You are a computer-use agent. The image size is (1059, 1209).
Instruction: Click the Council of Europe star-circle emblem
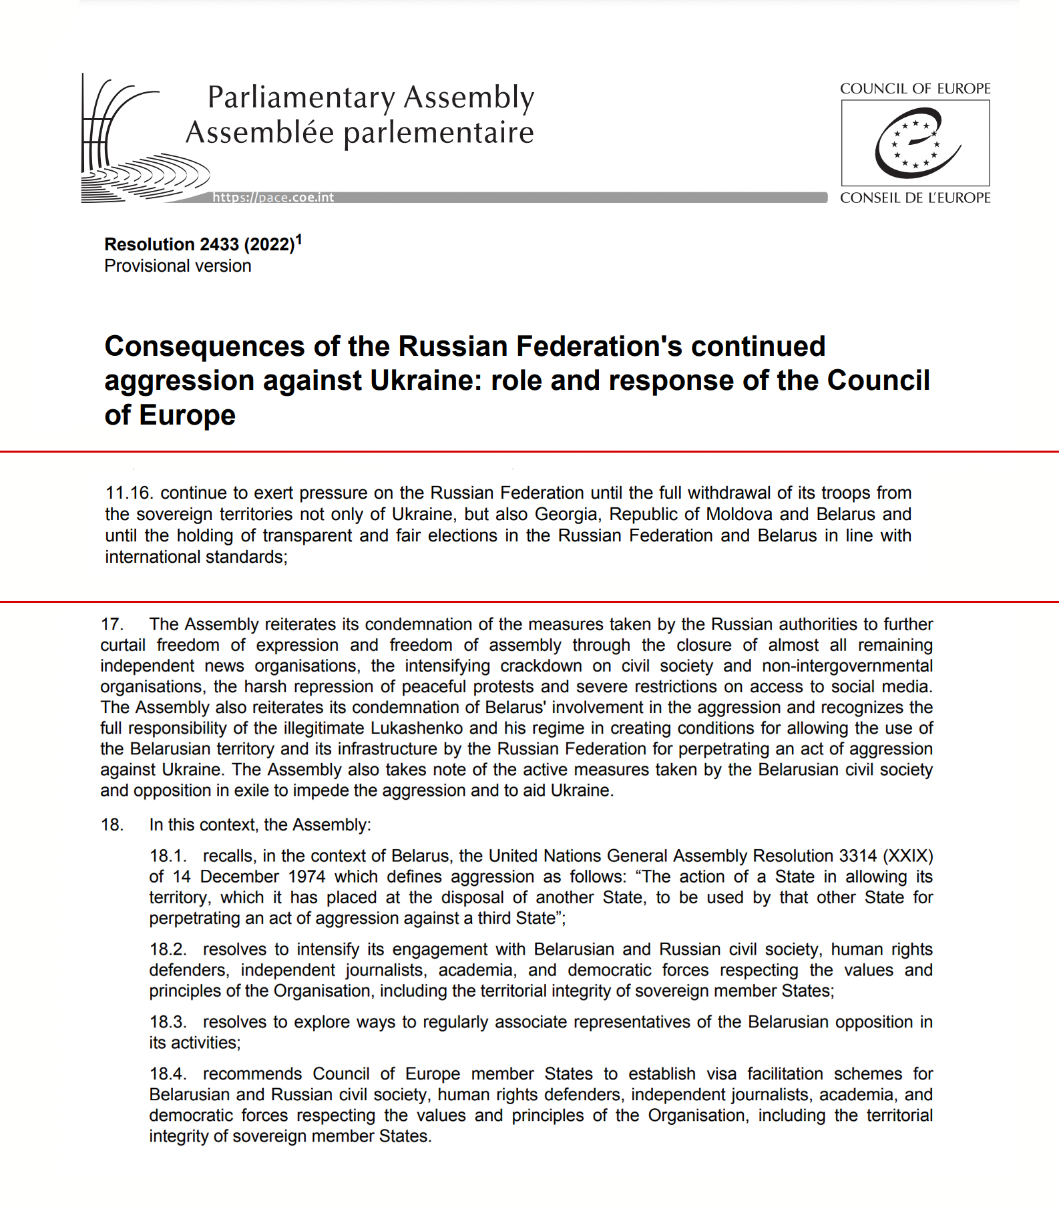click(915, 143)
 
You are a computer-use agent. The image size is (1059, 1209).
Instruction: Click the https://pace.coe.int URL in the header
click(273, 198)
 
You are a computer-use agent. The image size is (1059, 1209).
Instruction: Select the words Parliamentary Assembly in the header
click(371, 97)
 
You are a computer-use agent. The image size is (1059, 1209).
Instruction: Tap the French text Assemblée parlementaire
click(360, 132)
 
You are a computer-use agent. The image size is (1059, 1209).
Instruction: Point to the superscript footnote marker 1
click(299, 239)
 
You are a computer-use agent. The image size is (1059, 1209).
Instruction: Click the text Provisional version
click(178, 266)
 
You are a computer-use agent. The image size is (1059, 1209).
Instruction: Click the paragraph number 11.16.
click(129, 493)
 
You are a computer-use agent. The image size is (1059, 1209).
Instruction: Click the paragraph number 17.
click(112, 624)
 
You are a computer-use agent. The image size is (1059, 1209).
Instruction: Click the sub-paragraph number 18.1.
click(167, 857)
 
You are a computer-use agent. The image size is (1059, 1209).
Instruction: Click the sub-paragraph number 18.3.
click(167, 1022)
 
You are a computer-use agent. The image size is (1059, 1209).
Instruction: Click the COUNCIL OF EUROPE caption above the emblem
click(915, 89)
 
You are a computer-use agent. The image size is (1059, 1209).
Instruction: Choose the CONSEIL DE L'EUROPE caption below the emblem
click(915, 198)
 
